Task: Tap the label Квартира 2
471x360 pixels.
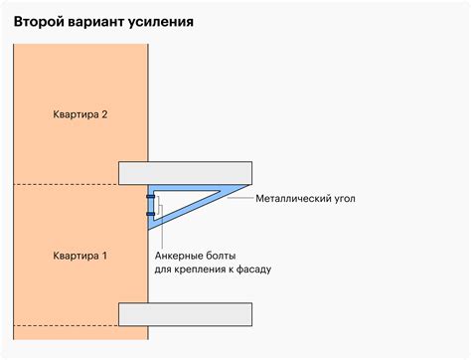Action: (x=79, y=114)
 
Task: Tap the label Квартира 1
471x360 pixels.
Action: (x=79, y=257)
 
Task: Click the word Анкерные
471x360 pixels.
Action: (x=182, y=254)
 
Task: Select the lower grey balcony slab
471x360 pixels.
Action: (x=185, y=314)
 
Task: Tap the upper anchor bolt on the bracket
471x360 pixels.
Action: (x=151, y=199)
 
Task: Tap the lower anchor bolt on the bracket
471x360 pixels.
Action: (x=151, y=214)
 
